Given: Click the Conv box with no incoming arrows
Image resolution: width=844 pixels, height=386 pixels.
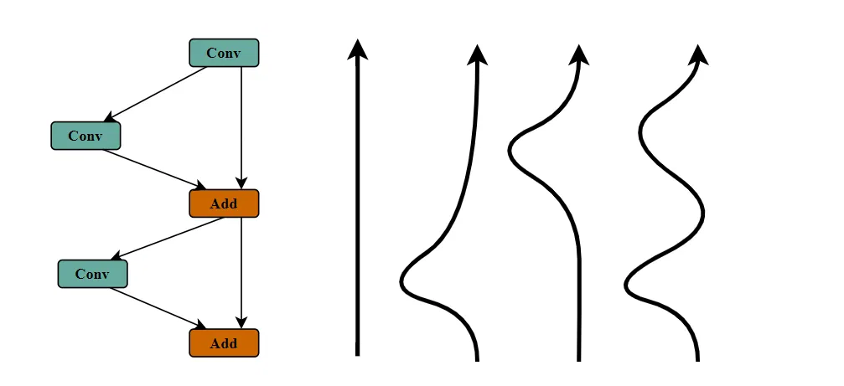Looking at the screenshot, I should (224, 53).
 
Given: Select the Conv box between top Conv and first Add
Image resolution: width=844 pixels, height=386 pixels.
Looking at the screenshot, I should (85, 136).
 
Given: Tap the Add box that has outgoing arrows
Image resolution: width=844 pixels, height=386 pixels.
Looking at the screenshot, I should (224, 203).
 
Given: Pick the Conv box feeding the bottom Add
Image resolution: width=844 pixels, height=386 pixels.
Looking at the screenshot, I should (92, 274).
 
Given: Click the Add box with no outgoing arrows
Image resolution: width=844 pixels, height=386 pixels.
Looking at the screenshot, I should (224, 343).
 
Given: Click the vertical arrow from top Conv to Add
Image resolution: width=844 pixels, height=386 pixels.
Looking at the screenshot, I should (241, 126).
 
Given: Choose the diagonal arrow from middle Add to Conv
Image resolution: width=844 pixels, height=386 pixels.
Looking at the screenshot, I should (168, 238).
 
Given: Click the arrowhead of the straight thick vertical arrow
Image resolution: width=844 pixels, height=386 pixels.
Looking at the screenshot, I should (358, 49).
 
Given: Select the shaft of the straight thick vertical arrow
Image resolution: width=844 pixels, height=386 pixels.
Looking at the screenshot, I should (358, 209).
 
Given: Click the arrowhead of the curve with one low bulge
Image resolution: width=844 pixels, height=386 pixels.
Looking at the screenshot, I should (478, 55).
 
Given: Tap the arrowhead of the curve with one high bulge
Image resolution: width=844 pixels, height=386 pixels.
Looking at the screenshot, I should (578, 55).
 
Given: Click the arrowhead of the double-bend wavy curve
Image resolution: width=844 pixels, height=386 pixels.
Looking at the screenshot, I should (698, 55).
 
